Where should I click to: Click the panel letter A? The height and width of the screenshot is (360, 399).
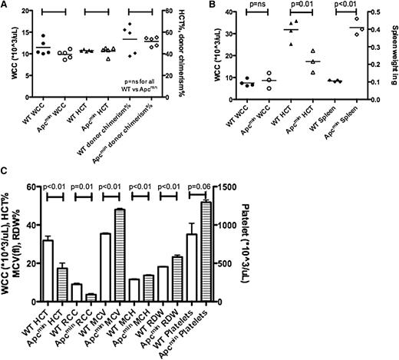click(5, 7)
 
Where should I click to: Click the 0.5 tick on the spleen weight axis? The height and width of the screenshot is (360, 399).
click(374, 12)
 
